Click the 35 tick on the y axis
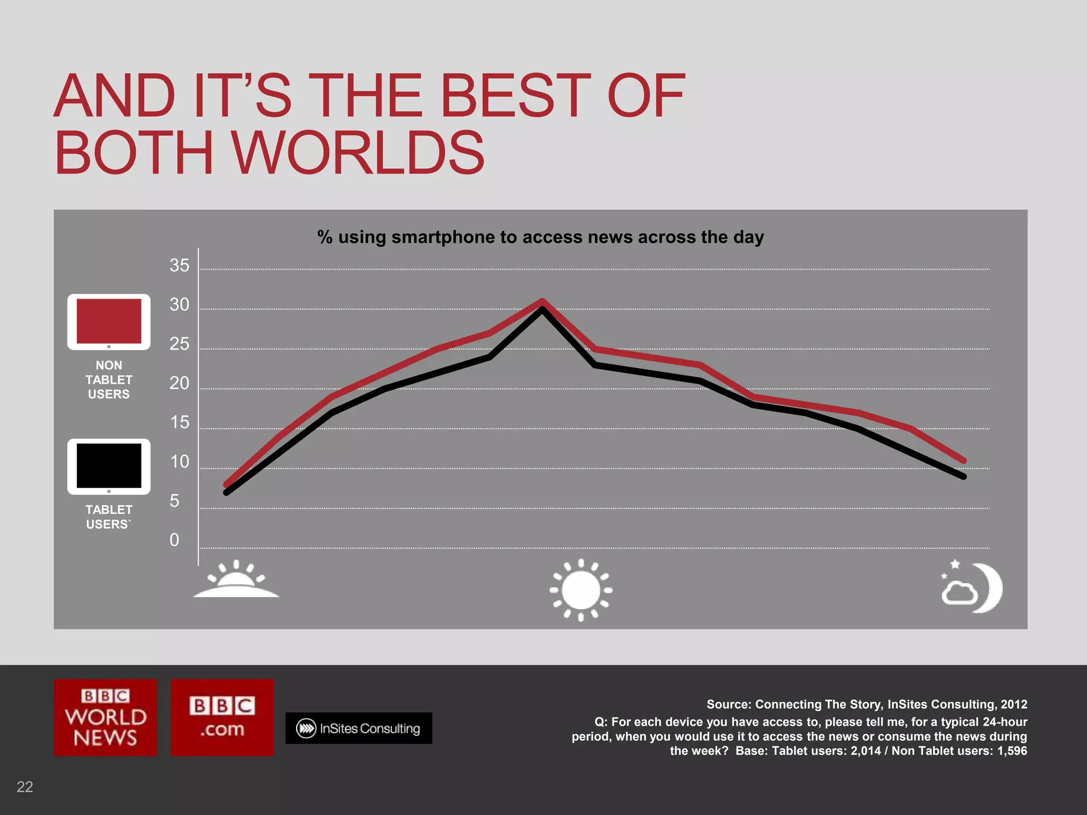coord(179,265)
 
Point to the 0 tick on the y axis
coord(174,540)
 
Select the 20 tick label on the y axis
coord(179,383)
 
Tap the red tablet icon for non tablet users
coord(109,322)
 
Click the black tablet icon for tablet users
coord(109,466)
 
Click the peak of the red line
coord(542,301)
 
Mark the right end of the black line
coord(963,476)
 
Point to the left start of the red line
coord(227,484)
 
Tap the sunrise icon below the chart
coord(236,580)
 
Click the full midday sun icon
coord(581,589)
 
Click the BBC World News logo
coord(106,717)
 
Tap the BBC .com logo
coord(222,717)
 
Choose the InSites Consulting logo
coord(359,729)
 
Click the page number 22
coord(25,787)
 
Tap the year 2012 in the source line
coord(1014,705)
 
